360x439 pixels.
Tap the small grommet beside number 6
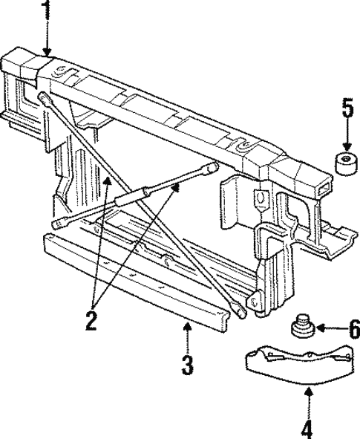(301, 327)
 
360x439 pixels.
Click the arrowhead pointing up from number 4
(307, 394)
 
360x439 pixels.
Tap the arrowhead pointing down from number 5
(347, 146)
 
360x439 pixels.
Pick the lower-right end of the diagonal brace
(242, 313)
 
